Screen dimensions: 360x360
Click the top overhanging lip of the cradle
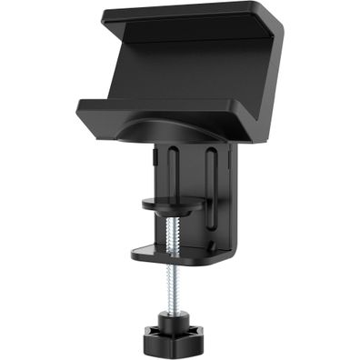(173, 17)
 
